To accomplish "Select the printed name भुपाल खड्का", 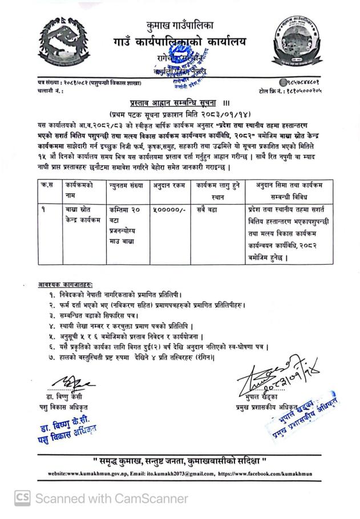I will click(260, 398).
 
